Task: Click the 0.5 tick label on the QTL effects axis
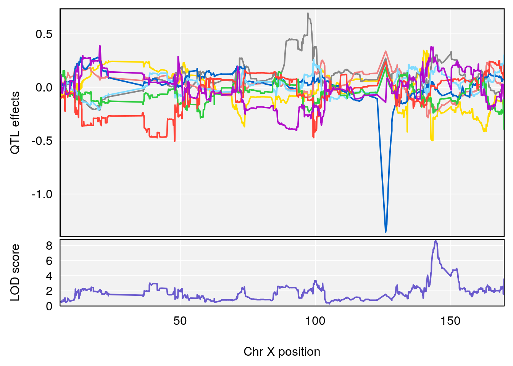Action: [x=44, y=34]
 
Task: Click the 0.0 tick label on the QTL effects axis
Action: [x=44, y=88]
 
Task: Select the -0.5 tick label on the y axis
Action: [x=42, y=141]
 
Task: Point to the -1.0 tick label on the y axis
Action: [x=42, y=194]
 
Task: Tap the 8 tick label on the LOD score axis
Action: [x=49, y=246]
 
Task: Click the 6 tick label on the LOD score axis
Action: [x=49, y=261]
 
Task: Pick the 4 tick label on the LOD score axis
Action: [x=49, y=276]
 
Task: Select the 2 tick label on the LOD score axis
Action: [x=49, y=291]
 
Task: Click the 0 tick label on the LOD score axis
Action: [x=49, y=306]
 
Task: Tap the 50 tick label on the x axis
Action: [x=180, y=321]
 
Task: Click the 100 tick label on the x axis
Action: [x=315, y=321]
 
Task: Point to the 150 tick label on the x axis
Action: [x=450, y=321]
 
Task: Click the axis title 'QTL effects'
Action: [x=15, y=123]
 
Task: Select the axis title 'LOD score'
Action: [x=15, y=273]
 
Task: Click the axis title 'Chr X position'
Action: [x=282, y=352]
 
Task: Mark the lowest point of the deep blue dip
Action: [x=386, y=232]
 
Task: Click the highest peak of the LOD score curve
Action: [x=436, y=241]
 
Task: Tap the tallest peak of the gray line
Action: [x=308, y=13]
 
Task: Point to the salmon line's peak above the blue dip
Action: [x=386, y=51]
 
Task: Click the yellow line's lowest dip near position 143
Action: [x=432, y=140]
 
